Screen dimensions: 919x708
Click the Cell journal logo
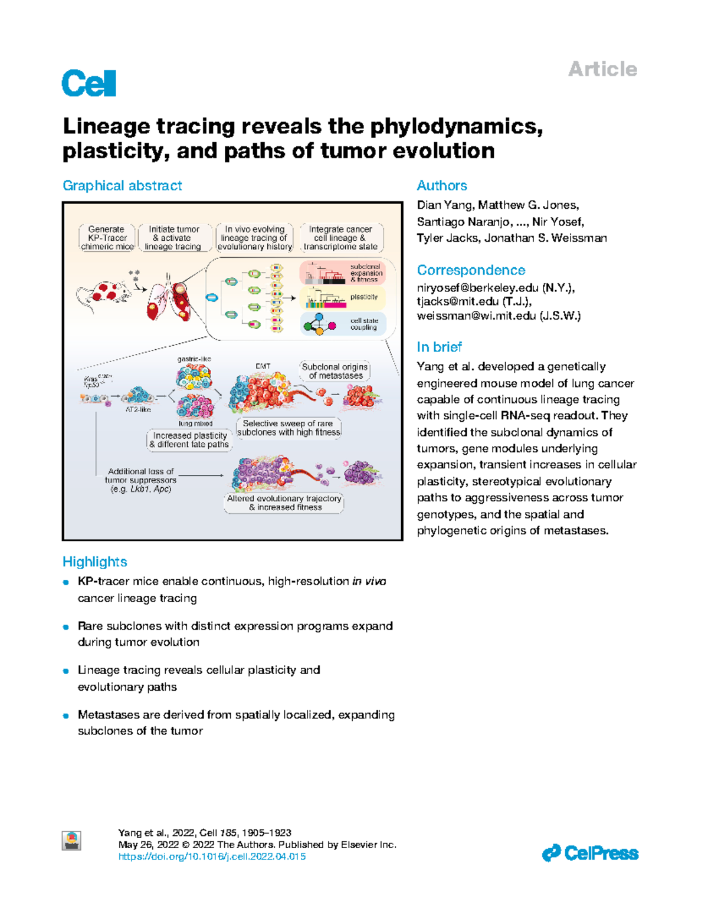pyautogui.click(x=88, y=83)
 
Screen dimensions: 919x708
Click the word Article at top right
pyautogui.click(x=602, y=69)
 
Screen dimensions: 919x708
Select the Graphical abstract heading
pyautogui.click(x=122, y=185)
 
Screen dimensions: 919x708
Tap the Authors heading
pyautogui.click(x=441, y=185)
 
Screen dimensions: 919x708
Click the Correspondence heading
pyautogui.click(x=470, y=270)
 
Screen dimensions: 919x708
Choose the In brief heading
pyautogui.click(x=439, y=346)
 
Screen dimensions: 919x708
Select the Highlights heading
pyautogui.click(x=94, y=561)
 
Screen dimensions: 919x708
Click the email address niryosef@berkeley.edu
pyautogui.click(x=477, y=287)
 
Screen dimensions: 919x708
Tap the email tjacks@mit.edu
pyautogui.click(x=458, y=301)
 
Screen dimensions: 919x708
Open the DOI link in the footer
pyautogui.click(x=212, y=856)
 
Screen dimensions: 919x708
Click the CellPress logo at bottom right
pyautogui.click(x=590, y=853)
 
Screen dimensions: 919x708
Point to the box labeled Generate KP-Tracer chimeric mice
pyautogui.click(x=107, y=238)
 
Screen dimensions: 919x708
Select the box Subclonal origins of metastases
pyautogui.click(x=335, y=371)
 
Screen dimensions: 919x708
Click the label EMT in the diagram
pyautogui.click(x=263, y=366)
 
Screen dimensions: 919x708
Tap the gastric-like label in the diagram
pyautogui.click(x=194, y=359)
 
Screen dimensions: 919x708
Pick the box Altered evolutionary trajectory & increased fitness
pyautogui.click(x=284, y=503)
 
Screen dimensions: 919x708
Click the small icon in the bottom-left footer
pyautogui.click(x=72, y=840)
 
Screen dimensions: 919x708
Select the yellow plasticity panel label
pyautogui.click(x=363, y=297)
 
